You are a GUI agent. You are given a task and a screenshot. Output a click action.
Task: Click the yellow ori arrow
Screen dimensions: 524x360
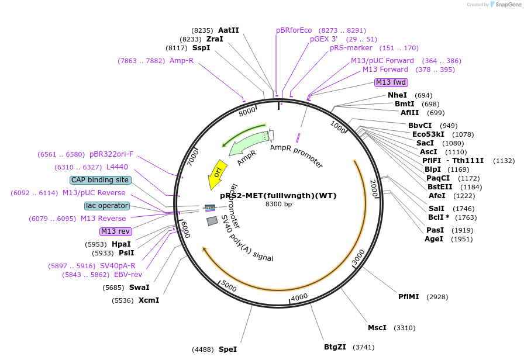click(x=218, y=174)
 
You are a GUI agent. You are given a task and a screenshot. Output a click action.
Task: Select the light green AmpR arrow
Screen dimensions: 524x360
click(x=249, y=143)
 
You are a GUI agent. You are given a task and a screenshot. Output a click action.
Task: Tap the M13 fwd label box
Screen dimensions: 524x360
click(x=391, y=82)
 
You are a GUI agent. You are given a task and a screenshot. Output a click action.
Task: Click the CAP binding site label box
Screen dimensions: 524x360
click(x=100, y=180)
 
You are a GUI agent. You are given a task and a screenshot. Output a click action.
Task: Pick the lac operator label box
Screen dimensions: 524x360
click(x=107, y=206)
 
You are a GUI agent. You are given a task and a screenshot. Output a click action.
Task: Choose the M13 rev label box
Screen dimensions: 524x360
click(x=116, y=231)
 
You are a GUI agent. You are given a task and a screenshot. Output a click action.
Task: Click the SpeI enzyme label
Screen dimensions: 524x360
click(x=228, y=349)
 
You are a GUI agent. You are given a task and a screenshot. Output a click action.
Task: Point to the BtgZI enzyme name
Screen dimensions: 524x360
click(x=335, y=347)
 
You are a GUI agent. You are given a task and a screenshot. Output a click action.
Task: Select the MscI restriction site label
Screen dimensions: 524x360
click(x=377, y=328)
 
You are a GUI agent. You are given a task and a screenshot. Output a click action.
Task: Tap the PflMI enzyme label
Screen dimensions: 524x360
click(x=408, y=296)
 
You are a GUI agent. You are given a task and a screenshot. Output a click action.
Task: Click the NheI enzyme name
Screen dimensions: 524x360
click(x=397, y=95)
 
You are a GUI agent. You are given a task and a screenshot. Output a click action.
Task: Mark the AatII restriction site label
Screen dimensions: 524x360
click(x=229, y=30)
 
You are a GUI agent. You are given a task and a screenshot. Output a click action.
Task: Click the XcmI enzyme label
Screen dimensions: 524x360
click(x=149, y=300)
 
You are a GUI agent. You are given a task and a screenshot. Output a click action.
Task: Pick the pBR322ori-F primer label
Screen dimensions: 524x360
click(x=111, y=154)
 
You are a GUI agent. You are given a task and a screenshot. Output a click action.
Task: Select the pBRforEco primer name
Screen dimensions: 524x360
click(x=294, y=30)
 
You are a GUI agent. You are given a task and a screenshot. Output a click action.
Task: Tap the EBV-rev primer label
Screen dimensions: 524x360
click(x=128, y=275)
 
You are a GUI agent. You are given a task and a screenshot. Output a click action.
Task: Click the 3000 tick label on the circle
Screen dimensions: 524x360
click(x=358, y=257)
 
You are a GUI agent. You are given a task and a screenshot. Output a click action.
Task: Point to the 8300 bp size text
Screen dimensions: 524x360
click(x=279, y=204)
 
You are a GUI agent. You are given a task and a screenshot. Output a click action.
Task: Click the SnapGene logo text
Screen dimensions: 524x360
click(x=508, y=4)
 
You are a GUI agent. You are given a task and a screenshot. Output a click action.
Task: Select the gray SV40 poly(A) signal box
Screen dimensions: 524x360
click(x=212, y=221)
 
